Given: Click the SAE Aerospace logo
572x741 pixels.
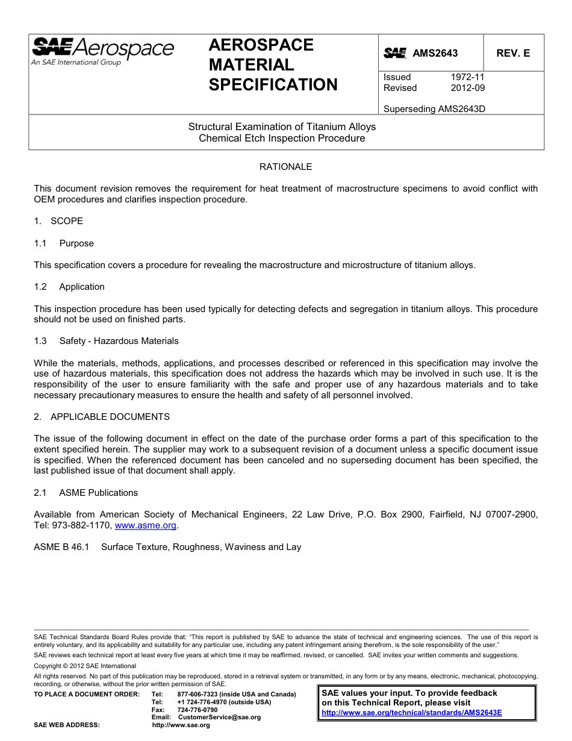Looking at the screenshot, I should [x=102, y=51].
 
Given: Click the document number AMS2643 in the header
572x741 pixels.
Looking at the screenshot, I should [x=435, y=53].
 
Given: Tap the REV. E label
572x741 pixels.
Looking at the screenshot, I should [x=513, y=53].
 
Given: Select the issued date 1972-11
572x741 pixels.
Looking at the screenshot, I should [x=467, y=77].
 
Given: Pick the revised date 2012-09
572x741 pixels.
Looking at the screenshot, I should [x=467, y=88].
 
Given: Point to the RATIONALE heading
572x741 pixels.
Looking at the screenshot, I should [x=285, y=167].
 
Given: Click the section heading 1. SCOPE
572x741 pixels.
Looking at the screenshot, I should [x=58, y=221].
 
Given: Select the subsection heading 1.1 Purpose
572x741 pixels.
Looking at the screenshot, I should [x=64, y=243].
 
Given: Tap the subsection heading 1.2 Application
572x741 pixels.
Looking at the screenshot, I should [x=69, y=287].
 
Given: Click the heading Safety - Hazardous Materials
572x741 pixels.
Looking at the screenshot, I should [x=119, y=341].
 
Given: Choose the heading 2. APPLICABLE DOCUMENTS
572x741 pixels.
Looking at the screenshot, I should [x=102, y=417].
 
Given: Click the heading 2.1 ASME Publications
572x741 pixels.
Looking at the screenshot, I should [x=85, y=493].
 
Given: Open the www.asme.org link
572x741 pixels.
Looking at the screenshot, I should [x=145, y=525].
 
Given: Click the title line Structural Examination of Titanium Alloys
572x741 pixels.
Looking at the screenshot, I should [x=282, y=127].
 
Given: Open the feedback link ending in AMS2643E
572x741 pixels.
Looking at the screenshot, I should [x=411, y=712].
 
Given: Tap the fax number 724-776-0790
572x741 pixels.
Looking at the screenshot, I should [x=197, y=710].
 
